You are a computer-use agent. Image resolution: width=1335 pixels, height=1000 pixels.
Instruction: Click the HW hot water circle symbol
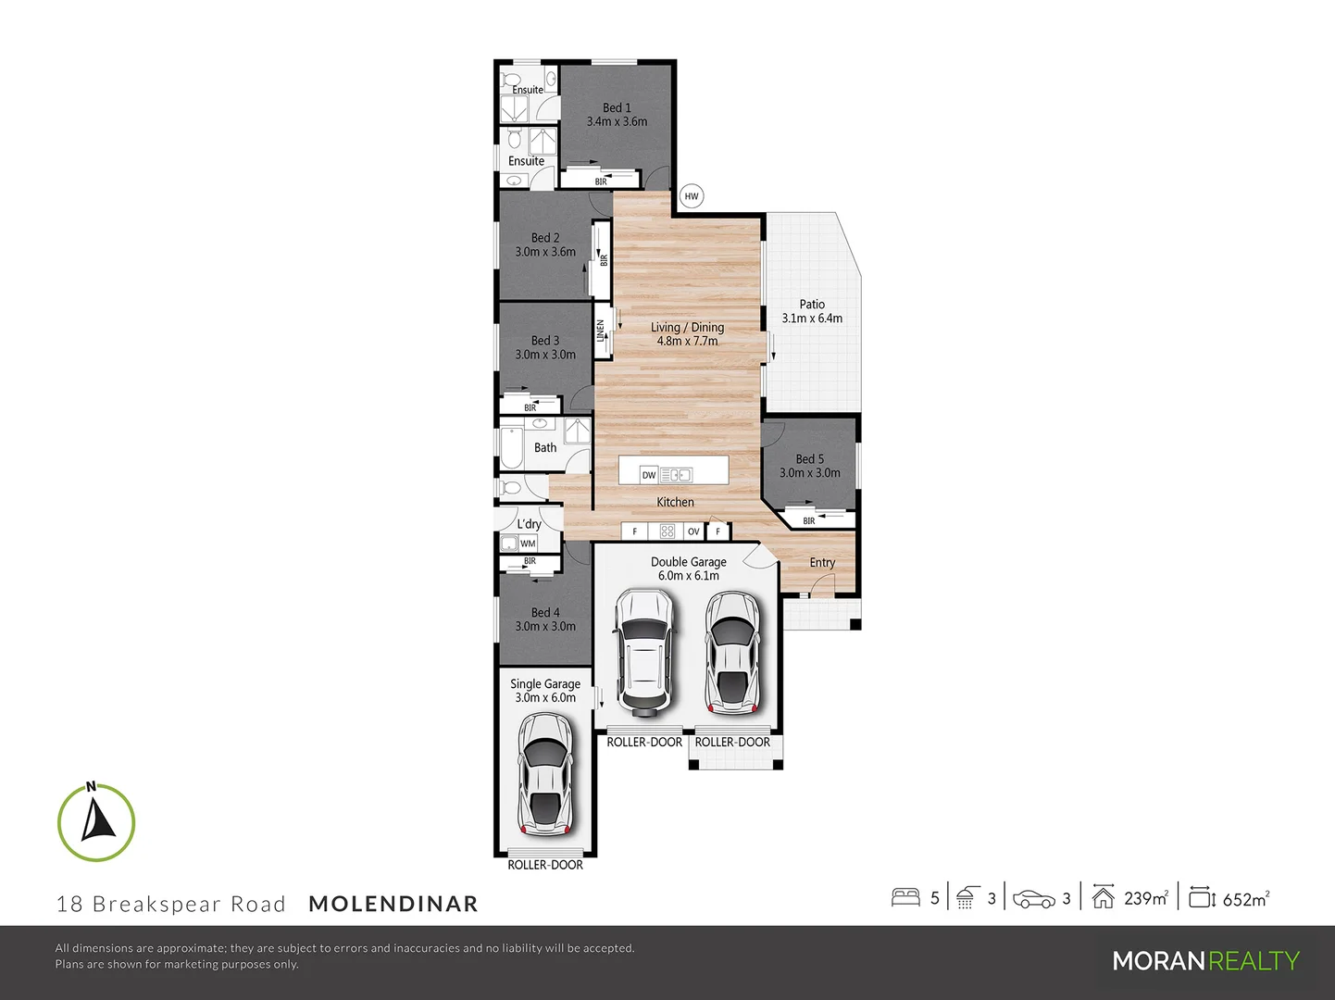point(692,196)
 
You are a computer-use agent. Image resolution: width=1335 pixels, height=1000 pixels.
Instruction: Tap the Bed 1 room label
point(617,108)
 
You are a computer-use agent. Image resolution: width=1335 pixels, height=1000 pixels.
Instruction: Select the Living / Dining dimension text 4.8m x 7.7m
point(687,342)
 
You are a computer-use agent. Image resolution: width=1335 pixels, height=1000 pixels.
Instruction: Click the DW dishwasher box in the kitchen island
point(649,475)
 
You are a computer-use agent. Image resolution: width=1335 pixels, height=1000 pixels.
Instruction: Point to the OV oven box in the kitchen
point(693,531)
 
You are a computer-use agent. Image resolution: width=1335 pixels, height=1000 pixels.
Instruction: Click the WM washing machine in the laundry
point(528,544)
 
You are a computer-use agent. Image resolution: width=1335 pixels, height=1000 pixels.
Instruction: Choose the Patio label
point(812,305)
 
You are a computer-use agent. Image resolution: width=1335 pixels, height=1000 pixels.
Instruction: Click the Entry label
point(822,563)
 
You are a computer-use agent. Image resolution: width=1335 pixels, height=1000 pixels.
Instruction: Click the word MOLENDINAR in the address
point(393,904)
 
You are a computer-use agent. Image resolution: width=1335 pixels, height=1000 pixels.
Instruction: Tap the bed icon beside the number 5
point(905,897)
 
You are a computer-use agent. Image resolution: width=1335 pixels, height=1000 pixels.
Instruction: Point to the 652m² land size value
point(1245,899)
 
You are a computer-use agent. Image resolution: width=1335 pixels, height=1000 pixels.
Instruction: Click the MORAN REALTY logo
point(1205,961)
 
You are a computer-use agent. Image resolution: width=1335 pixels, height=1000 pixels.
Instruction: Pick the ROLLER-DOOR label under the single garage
point(545,865)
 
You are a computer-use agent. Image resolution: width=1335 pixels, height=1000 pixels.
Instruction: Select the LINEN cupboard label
point(601,331)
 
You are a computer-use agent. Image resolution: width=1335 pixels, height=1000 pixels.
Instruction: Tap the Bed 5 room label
point(809,459)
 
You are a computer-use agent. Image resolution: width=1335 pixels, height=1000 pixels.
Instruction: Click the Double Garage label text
point(688,562)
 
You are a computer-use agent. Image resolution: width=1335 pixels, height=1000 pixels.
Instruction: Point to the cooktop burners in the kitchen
point(667,531)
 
